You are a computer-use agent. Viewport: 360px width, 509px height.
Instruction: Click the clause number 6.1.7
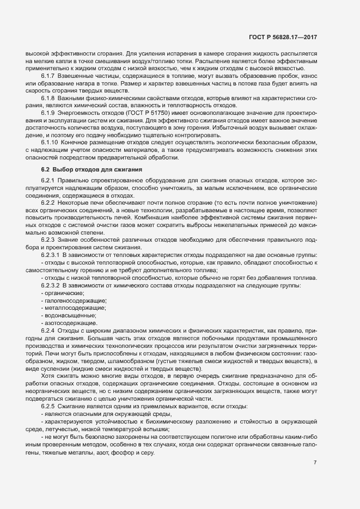coord(50,77)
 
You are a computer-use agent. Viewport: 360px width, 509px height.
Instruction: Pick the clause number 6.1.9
coord(50,113)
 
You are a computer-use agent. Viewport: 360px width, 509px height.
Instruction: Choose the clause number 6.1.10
coord(51,142)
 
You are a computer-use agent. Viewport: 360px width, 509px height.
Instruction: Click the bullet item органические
coord(60,293)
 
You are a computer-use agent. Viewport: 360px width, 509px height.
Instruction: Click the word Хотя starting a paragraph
coord(47,376)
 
